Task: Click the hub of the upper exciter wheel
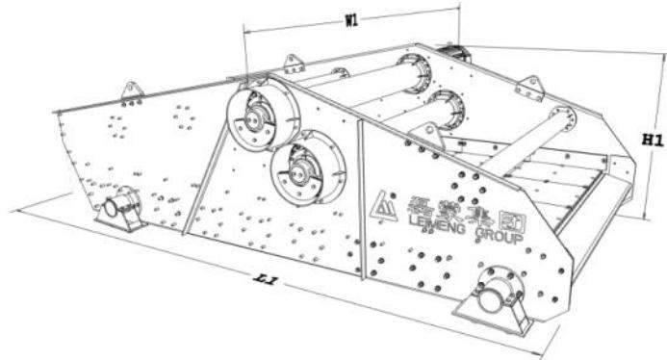click(x=255, y=120)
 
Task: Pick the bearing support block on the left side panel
click(x=122, y=208)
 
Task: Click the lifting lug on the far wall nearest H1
click(x=528, y=88)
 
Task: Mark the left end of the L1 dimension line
click(x=13, y=208)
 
